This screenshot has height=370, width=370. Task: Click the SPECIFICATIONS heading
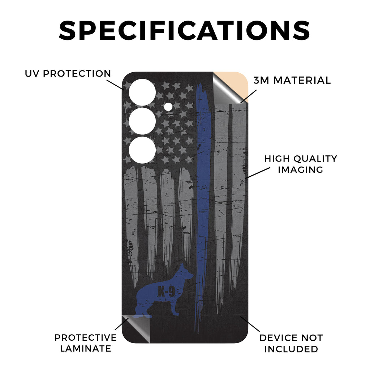click(184, 31)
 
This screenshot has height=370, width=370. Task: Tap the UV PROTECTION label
click(68, 74)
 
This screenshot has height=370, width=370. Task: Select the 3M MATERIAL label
click(292, 81)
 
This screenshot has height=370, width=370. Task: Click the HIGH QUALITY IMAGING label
click(301, 164)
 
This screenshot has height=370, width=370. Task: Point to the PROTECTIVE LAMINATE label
click(85, 343)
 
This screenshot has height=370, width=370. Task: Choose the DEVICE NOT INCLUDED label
click(291, 343)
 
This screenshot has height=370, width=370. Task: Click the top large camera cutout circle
click(142, 92)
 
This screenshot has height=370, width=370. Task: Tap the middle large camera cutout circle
click(142, 121)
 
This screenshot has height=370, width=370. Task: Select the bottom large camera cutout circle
click(142, 150)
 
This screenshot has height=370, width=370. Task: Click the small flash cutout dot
click(168, 107)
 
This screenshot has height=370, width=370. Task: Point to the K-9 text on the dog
click(167, 292)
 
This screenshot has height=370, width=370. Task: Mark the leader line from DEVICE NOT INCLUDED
click(250, 324)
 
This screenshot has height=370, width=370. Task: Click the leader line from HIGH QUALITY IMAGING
click(258, 173)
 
